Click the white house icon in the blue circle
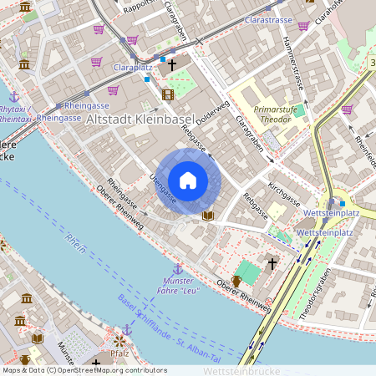click(188, 180)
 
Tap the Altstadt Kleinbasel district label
click(139, 120)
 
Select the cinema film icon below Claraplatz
click(168, 94)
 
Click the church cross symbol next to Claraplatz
click(172, 64)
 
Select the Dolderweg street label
click(214, 116)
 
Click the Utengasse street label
click(162, 189)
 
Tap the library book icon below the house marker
click(208, 216)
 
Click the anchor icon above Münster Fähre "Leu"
click(177, 269)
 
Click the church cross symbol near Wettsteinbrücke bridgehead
click(272, 263)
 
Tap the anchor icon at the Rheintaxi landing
click(14, 97)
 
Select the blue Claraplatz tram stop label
click(131, 66)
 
